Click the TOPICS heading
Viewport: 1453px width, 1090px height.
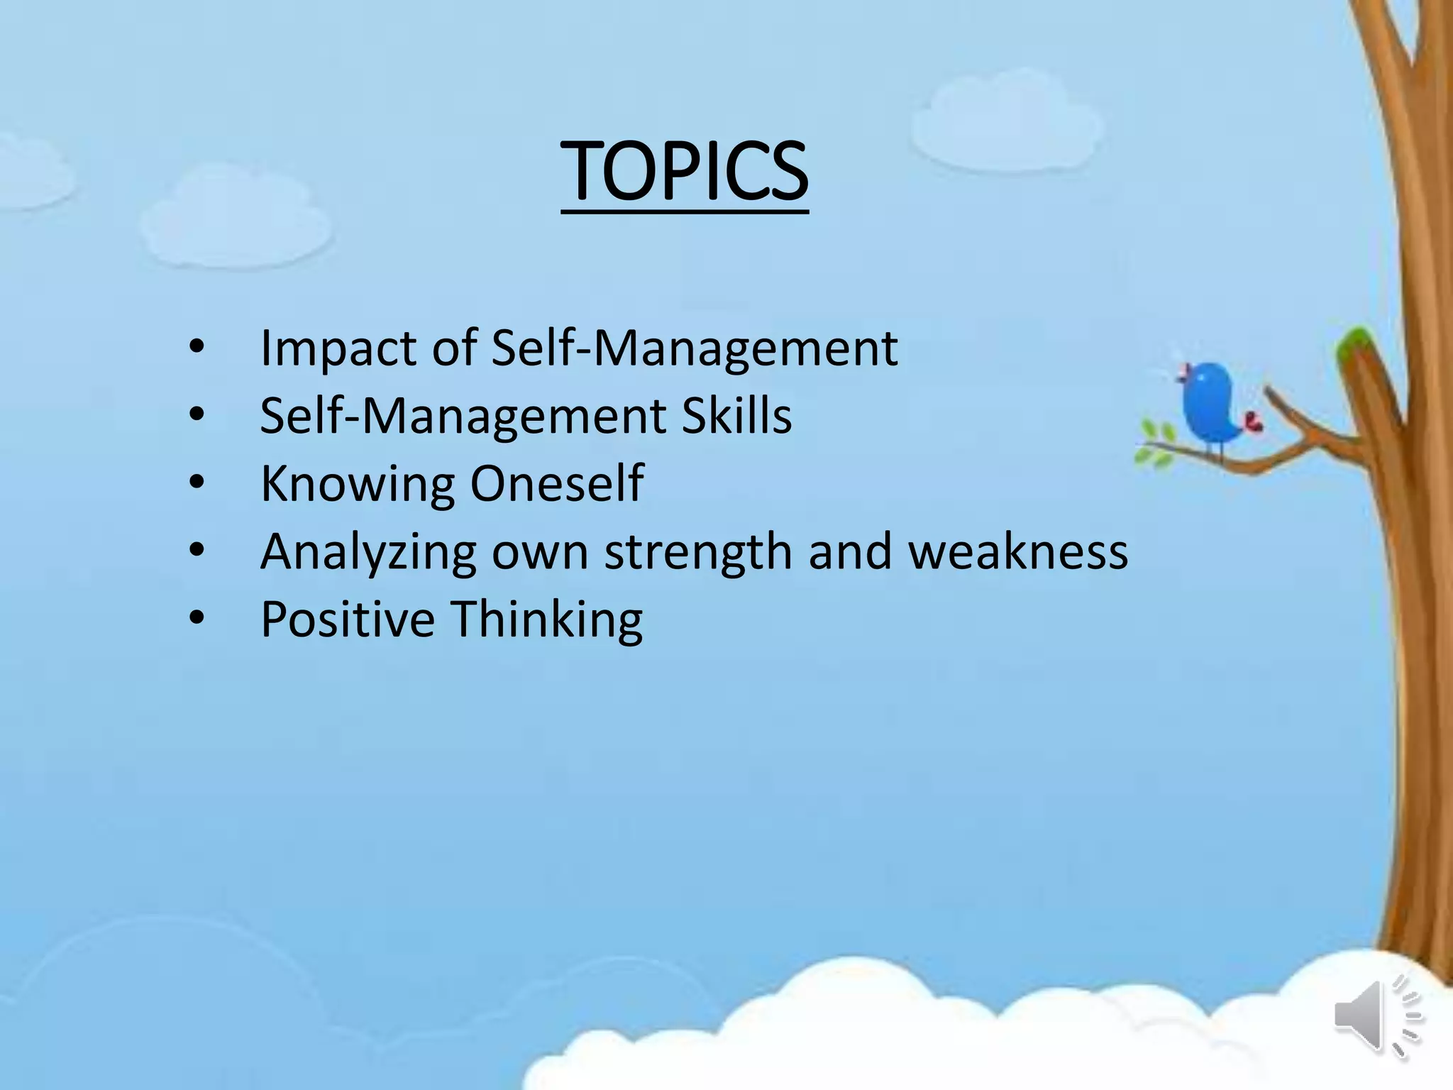click(x=685, y=172)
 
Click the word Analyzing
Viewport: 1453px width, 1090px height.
click(x=368, y=552)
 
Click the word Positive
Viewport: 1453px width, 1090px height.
click(x=348, y=619)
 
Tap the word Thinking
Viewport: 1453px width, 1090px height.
click(x=547, y=619)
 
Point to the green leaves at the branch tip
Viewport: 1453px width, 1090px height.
click(x=1156, y=444)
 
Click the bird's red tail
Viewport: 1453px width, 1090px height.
click(x=1253, y=422)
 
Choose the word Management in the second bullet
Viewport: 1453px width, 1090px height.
click(x=515, y=416)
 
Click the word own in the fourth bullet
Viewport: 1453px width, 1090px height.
click(x=539, y=552)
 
